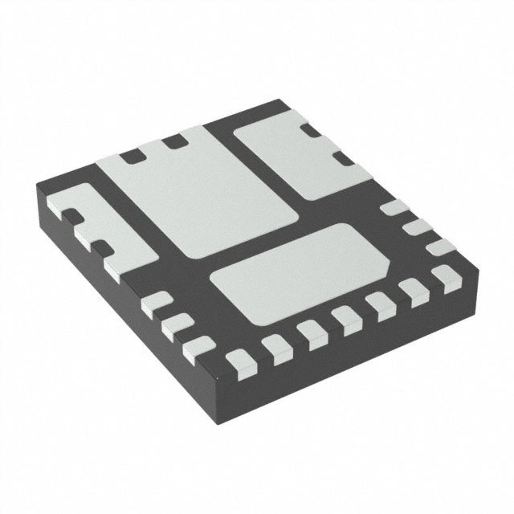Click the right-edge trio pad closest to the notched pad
[x=393, y=210]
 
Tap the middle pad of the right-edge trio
[x=414, y=228]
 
